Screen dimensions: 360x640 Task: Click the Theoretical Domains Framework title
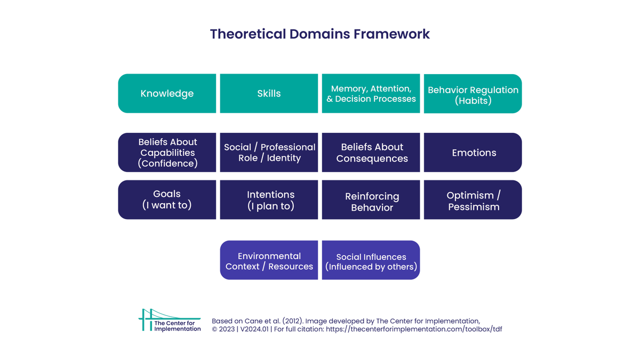coord(319,34)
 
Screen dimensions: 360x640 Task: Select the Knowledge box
coord(167,93)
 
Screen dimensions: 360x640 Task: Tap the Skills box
coord(269,93)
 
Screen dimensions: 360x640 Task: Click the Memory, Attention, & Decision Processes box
coord(371,93)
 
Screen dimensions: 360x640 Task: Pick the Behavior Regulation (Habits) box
coord(473,94)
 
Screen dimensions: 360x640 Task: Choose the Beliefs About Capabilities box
coord(167,153)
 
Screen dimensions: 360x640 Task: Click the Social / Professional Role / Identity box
coord(269,153)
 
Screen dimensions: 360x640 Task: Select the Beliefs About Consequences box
coord(371,153)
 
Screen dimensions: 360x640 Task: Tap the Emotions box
coord(473,153)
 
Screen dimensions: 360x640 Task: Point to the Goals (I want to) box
coord(167,199)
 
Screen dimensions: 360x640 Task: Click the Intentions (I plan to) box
coord(269,199)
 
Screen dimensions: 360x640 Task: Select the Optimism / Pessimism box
coord(473,200)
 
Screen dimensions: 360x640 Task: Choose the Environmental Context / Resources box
coord(269,260)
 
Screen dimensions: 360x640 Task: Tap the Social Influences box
coord(371,260)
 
